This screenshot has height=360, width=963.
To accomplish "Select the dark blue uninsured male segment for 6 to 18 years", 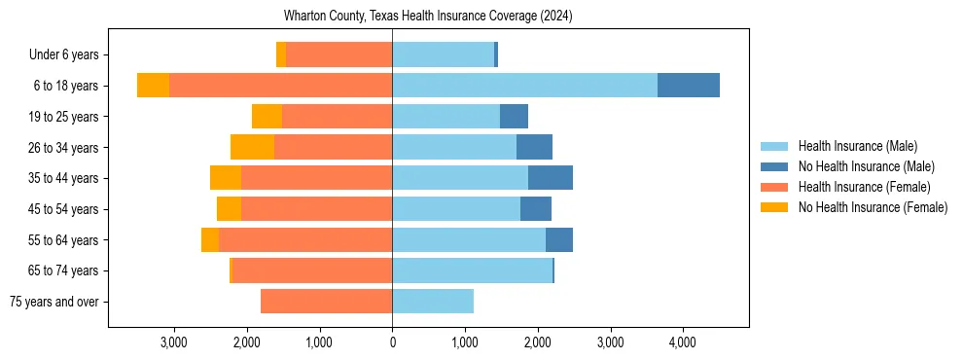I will (x=689, y=86).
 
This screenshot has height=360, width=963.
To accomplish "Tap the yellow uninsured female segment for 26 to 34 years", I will (x=252, y=147).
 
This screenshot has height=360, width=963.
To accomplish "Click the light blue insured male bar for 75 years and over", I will (x=433, y=302).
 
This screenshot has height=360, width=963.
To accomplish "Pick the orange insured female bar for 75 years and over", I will (x=326, y=302).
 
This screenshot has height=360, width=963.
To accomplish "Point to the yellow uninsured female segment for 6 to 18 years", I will (x=153, y=86).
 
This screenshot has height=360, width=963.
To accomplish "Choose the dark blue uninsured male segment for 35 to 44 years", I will (x=551, y=178).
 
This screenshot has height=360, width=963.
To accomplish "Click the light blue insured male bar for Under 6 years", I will (x=443, y=54).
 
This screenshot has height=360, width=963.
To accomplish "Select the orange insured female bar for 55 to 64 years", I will (x=305, y=239).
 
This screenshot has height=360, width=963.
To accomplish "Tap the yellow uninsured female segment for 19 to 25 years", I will (x=267, y=117).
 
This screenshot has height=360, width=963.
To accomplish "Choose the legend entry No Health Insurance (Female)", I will (x=873, y=207).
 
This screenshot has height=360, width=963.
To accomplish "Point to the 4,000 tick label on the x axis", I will (x=682, y=342).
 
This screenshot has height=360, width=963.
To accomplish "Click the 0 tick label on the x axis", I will (x=392, y=342).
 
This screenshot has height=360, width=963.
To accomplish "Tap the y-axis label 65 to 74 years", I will (x=63, y=270).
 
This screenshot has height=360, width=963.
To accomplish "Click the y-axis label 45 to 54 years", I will (x=63, y=209).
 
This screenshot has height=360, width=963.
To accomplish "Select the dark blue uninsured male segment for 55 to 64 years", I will (x=559, y=239).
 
